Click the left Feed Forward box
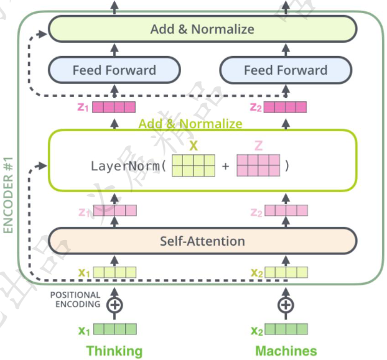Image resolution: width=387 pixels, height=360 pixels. pos(114,70)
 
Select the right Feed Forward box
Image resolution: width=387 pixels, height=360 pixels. pos(285,70)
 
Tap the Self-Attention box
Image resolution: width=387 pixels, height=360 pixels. pos(202,241)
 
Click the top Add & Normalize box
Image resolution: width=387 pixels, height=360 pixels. pos(202,29)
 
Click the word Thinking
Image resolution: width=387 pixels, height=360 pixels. pos(114,351)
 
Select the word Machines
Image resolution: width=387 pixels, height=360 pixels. pos(285,351)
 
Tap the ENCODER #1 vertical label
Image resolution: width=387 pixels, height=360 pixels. pos(9,195)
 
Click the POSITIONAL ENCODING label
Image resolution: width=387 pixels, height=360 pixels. pos(75,300)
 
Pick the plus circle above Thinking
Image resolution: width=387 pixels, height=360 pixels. pos(114,305)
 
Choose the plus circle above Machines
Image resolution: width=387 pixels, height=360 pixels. pos(285,305)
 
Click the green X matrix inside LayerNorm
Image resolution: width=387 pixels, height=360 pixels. pos(193,167)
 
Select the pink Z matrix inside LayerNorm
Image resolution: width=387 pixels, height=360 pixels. pos(258,167)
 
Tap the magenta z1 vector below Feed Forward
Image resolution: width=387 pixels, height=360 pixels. pos(114,107)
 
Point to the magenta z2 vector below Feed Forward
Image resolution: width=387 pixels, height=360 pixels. pos(286,107)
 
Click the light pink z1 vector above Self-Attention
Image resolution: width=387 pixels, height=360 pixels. pos(114,211)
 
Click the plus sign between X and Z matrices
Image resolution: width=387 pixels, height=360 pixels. pos(225,167)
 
